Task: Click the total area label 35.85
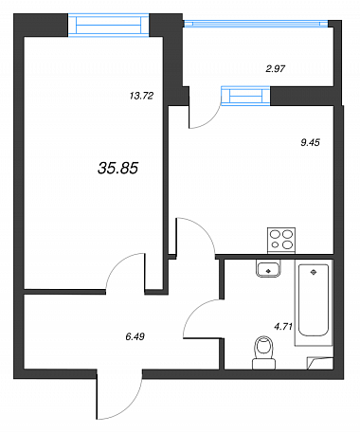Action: pos(117,168)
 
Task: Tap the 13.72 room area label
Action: pos(141,96)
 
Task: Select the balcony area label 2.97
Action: pos(276,68)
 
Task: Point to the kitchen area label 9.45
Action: pos(310,142)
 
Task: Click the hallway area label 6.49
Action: pos(135,336)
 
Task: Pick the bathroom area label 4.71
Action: pos(283,327)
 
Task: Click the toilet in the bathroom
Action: pos(264,352)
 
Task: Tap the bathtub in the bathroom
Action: pos(314,302)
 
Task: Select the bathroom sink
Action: pos(268,268)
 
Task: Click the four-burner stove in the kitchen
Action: pos(281,240)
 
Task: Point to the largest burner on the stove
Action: pos(287,234)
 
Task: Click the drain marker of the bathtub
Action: pos(314,272)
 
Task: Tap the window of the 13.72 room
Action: pos(109,26)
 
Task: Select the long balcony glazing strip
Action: pos(256,23)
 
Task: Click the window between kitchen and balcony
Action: pos(245,96)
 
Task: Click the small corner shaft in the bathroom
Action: pos(320,363)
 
